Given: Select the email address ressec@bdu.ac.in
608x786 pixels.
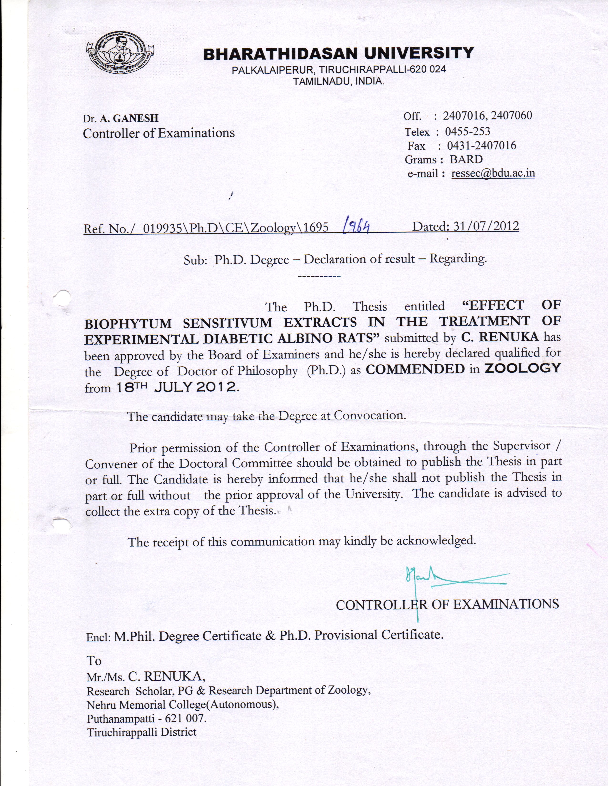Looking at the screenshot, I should (493, 173).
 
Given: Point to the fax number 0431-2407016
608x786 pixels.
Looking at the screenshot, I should (482, 146).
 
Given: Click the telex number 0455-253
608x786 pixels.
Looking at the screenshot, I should (468, 131).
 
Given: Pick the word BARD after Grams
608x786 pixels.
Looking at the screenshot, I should (466, 159).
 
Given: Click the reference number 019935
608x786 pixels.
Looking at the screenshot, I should (162, 228).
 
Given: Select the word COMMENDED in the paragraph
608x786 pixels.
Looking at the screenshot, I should (415, 369).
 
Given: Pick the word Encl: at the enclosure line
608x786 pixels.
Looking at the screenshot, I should (98, 637).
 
